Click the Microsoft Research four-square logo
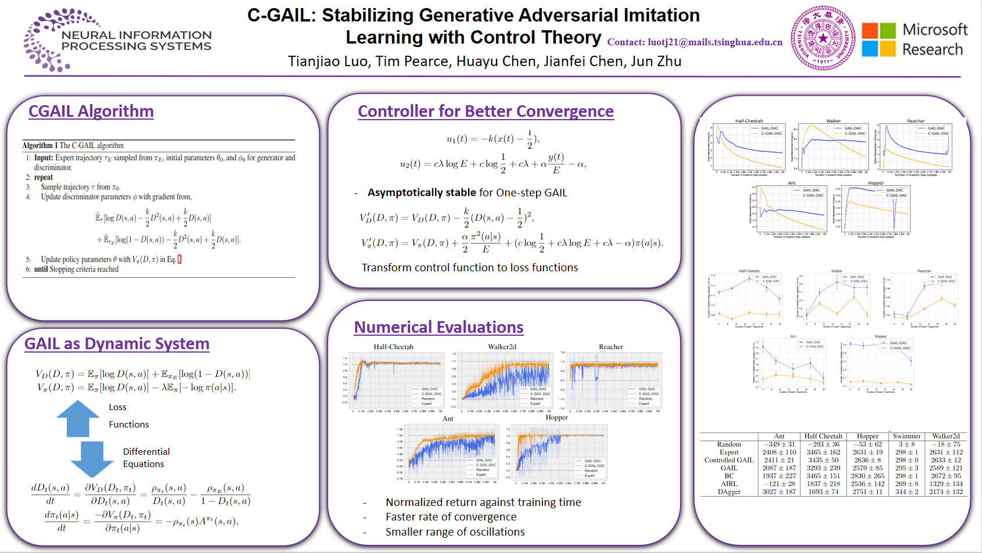point(879,39)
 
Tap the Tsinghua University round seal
point(822,38)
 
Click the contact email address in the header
point(695,42)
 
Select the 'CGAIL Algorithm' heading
point(91,111)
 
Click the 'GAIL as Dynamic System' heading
point(117,343)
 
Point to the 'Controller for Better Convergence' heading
point(485,111)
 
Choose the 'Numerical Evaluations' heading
point(438,327)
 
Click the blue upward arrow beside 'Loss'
point(78,418)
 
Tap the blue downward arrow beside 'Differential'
point(92,459)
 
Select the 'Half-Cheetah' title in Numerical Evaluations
point(393,347)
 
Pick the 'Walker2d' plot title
point(502,347)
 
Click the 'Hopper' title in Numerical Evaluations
point(556,417)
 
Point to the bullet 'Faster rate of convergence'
point(451,516)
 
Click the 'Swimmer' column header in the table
point(907,436)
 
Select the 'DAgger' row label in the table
point(729,491)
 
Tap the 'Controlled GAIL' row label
point(729,460)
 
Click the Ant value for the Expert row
point(779,452)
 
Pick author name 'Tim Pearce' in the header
point(412,62)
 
